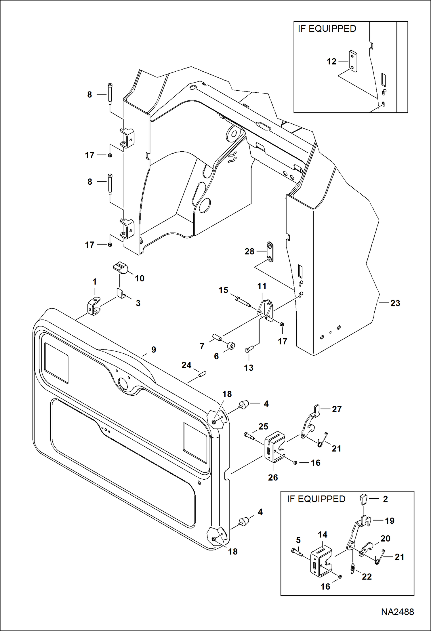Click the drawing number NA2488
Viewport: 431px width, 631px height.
397,612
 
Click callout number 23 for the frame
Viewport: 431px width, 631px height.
395,303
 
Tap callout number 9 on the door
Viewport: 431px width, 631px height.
154,350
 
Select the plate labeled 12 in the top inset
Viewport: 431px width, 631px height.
353,61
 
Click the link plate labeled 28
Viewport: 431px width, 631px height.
270,251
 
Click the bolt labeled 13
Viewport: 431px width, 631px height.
249,350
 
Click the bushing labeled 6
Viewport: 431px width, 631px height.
231,345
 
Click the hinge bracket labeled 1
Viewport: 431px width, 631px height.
94,307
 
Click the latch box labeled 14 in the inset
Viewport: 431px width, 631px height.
321,561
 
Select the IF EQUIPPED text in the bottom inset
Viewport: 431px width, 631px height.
316,499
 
